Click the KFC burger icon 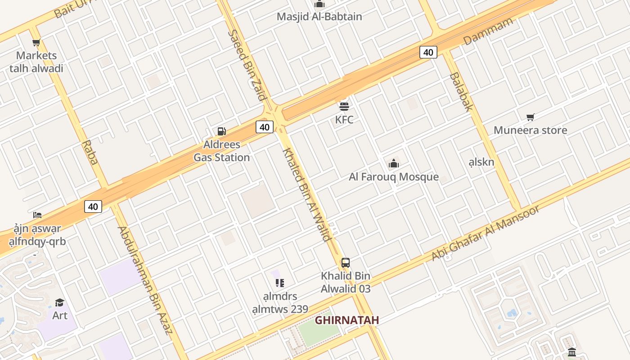click(344, 107)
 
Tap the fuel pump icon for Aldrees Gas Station click(221, 131)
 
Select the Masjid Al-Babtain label click(319, 17)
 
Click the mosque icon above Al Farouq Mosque click(394, 163)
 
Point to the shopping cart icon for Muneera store click(531, 117)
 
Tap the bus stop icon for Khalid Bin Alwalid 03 click(345, 263)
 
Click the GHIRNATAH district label click(346, 320)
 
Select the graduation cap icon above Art click(59, 302)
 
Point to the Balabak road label click(461, 91)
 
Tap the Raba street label click(90, 153)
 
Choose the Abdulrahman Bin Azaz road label click(145, 280)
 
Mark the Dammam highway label click(488, 31)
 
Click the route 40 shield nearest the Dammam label click(428, 52)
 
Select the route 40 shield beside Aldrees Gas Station click(264, 127)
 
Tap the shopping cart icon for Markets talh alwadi click(36, 43)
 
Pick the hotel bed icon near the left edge click(37, 215)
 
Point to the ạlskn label click(481, 162)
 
